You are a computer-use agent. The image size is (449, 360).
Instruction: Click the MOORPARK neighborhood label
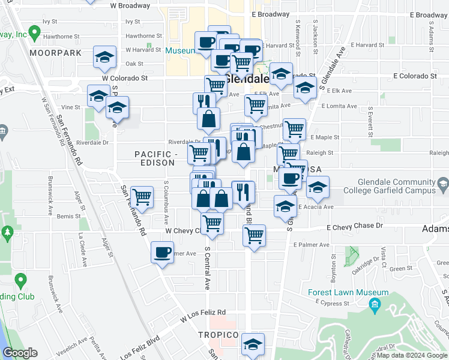56,53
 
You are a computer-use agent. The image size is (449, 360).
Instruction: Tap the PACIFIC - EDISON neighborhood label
155,159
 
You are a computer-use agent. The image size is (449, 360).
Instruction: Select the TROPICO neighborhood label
219,334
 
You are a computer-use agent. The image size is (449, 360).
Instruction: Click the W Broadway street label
130,5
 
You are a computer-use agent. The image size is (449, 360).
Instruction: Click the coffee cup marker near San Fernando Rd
162,253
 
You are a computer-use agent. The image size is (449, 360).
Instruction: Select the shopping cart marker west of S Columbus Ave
142,196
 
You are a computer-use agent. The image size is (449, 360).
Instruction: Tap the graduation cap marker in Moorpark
105,58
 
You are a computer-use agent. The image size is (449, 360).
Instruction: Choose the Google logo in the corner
20,353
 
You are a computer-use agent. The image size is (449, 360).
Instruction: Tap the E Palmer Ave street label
312,245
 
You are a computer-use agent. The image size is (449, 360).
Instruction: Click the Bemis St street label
70,216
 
